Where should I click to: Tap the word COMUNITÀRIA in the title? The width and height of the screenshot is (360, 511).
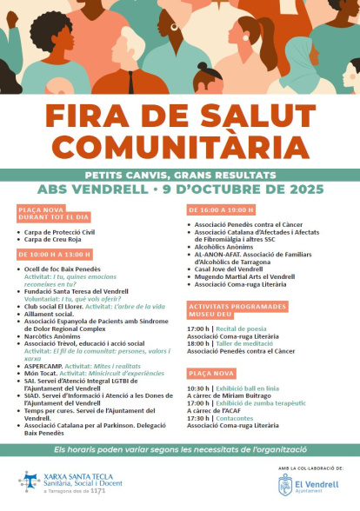[x=179, y=145]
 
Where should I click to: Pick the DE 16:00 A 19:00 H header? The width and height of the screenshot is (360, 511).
[x=221, y=209]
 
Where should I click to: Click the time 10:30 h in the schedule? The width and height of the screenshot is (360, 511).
[x=197, y=388]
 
